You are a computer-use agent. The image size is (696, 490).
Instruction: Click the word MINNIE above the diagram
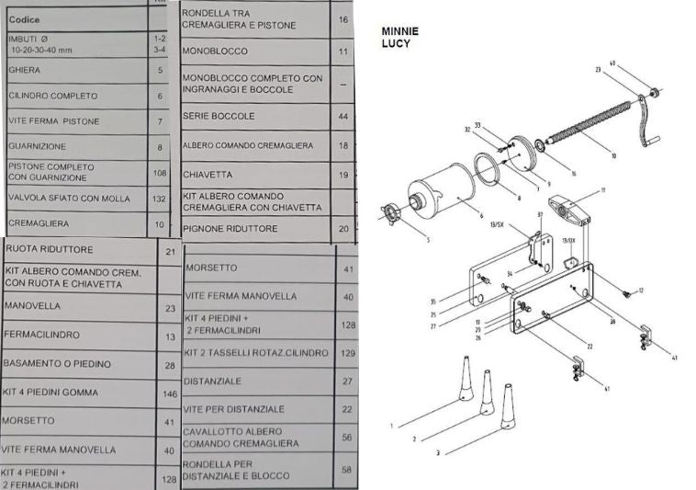[x=398, y=30]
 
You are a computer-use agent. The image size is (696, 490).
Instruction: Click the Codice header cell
[x=24, y=19]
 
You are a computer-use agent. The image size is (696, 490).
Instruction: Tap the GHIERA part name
[x=24, y=69]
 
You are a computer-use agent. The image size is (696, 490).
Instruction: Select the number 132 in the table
[x=160, y=199]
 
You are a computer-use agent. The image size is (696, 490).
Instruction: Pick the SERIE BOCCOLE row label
[x=219, y=117]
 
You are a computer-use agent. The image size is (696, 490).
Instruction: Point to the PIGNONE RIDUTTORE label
[x=230, y=228]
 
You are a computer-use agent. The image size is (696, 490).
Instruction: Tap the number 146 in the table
[x=168, y=393]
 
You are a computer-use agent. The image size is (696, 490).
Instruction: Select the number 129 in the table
[x=346, y=353]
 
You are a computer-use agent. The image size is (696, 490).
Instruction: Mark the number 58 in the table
[x=346, y=469]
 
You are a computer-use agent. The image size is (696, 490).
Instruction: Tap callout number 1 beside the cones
[x=391, y=426]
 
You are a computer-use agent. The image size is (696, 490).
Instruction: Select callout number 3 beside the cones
[x=437, y=452]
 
